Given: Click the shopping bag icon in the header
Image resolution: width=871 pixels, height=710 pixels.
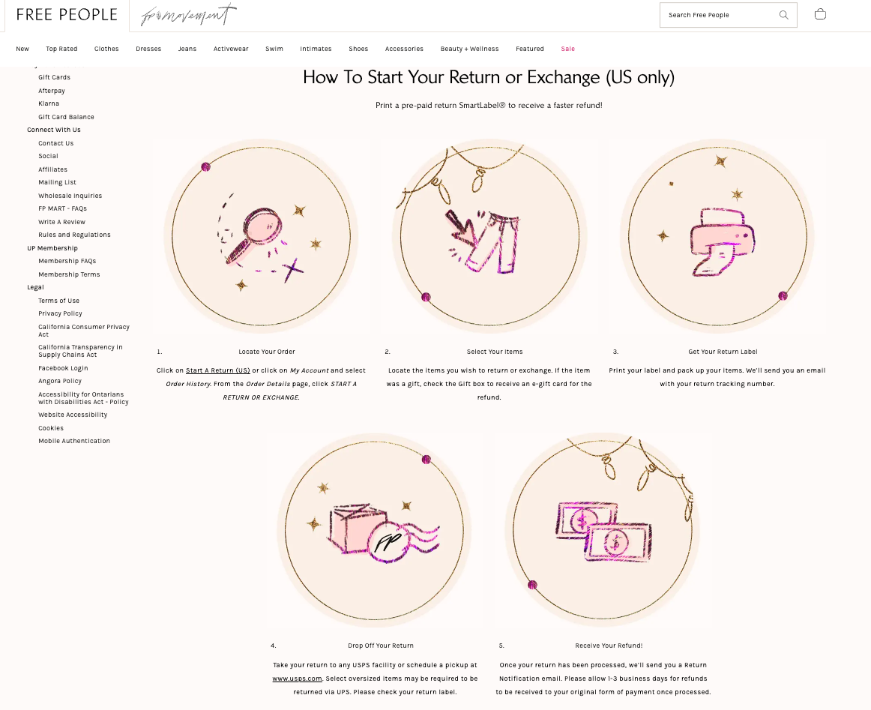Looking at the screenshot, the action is point(820,14).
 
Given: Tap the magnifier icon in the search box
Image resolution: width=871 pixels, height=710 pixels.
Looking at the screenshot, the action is point(783,15).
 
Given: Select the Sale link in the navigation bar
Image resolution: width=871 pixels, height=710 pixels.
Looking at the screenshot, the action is point(567,49).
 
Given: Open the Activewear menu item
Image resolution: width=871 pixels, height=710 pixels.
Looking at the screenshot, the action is point(231,49).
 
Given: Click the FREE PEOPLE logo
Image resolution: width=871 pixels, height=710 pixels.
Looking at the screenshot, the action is point(67,15).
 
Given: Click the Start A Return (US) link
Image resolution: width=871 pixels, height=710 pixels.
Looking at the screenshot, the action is point(217,370).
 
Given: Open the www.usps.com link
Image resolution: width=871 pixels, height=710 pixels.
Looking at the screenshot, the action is point(297,679).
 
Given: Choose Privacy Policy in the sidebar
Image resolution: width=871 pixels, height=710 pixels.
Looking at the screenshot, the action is point(60,313).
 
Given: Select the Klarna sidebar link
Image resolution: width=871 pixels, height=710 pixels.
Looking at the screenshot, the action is point(48,103).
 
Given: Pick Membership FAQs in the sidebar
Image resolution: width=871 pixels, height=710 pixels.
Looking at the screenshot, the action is point(67,261).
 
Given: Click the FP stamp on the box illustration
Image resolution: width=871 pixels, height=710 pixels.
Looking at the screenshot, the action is point(388,541).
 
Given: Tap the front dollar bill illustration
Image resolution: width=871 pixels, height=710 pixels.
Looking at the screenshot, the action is point(618,541).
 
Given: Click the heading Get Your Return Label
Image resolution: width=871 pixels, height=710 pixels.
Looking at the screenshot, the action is point(723,352).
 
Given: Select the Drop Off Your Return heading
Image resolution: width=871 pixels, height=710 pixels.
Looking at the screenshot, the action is point(381,646).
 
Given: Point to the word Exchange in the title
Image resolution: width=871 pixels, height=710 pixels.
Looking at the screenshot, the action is point(563,77).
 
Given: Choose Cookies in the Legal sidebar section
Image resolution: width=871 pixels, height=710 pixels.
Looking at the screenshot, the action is point(51,428).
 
